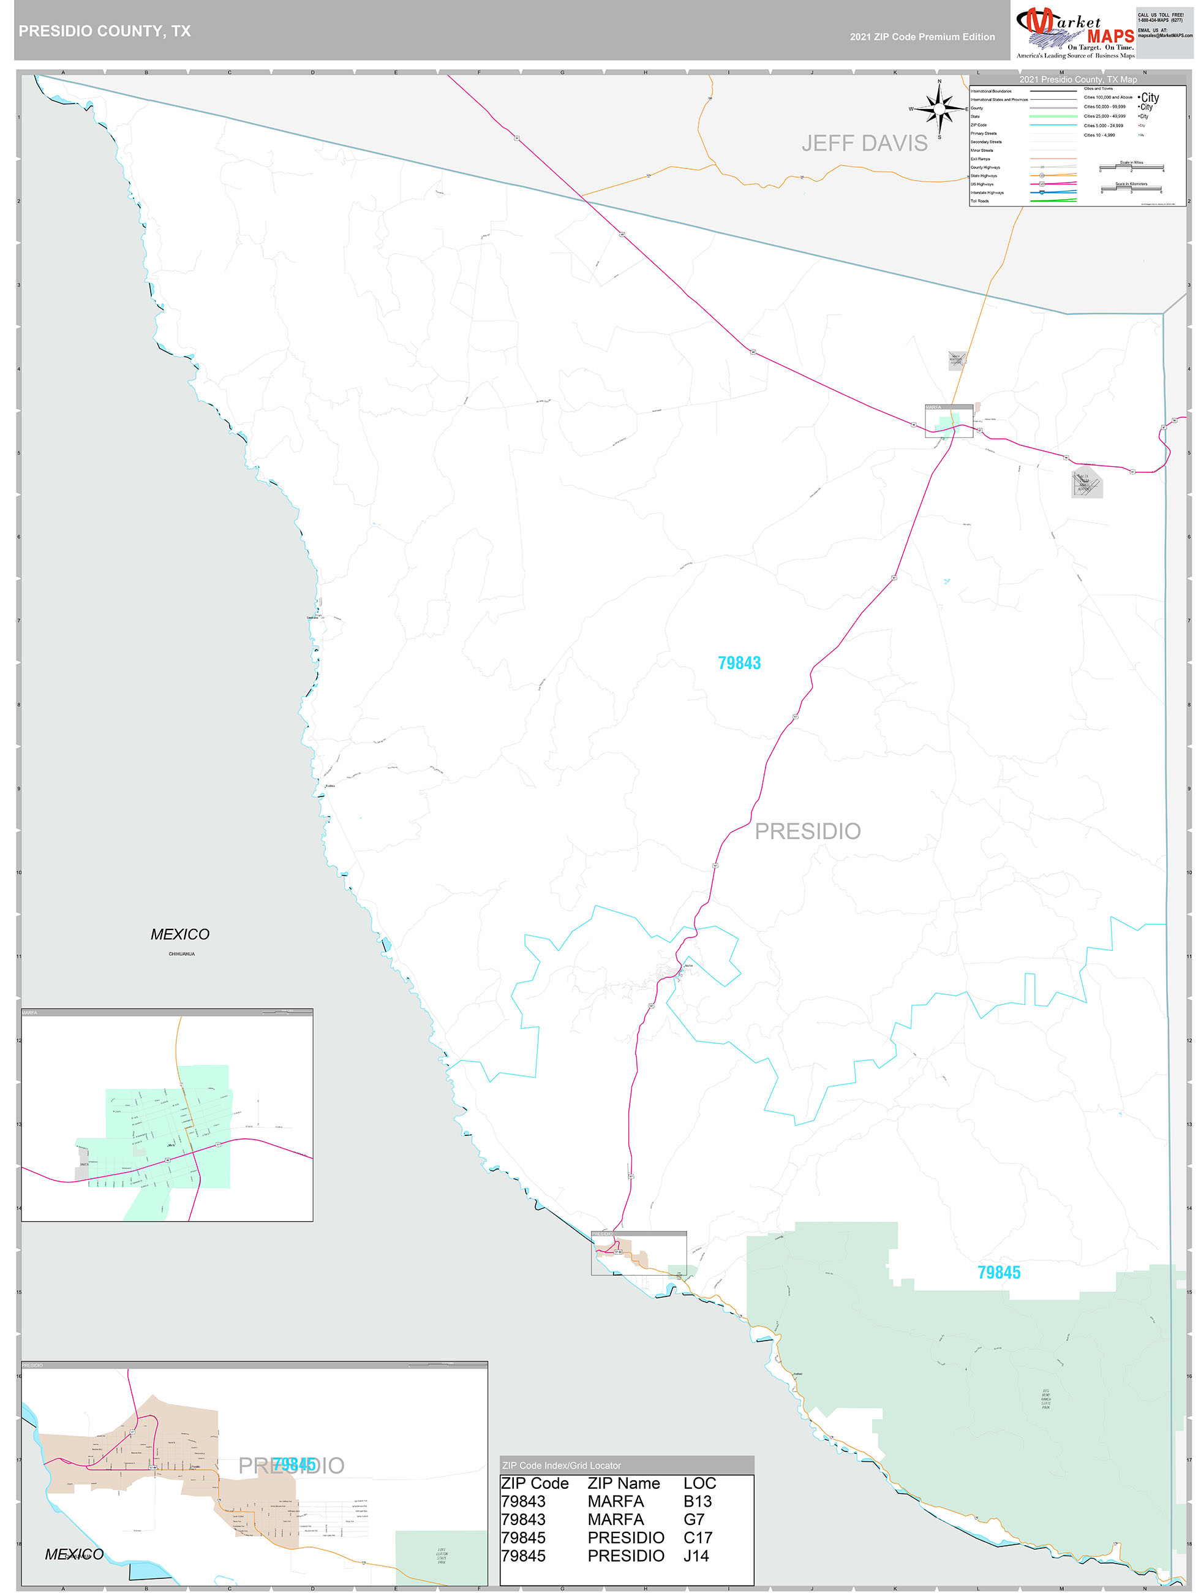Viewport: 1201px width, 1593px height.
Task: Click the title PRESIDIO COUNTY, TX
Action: (104, 31)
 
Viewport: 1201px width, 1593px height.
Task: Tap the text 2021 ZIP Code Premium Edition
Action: (922, 37)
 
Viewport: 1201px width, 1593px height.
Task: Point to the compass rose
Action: (939, 108)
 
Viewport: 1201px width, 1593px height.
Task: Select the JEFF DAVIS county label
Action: (864, 143)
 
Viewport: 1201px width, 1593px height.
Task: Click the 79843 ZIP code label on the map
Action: (739, 662)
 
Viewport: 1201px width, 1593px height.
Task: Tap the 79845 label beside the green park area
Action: (999, 1273)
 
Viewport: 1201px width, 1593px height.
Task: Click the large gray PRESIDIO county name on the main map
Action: (807, 831)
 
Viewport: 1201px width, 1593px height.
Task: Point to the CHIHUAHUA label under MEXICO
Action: (181, 953)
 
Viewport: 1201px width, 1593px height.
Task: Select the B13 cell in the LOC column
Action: (697, 1502)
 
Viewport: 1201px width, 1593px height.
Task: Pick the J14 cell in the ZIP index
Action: (696, 1556)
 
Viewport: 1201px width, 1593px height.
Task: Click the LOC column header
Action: (699, 1483)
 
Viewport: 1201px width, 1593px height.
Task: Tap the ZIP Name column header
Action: (623, 1483)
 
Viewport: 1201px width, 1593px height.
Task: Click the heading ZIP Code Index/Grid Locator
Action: (561, 1466)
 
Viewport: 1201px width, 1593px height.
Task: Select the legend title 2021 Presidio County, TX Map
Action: (1078, 79)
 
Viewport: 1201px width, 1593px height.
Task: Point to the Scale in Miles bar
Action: (1131, 168)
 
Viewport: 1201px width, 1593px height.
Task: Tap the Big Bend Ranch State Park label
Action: (1045, 1399)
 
